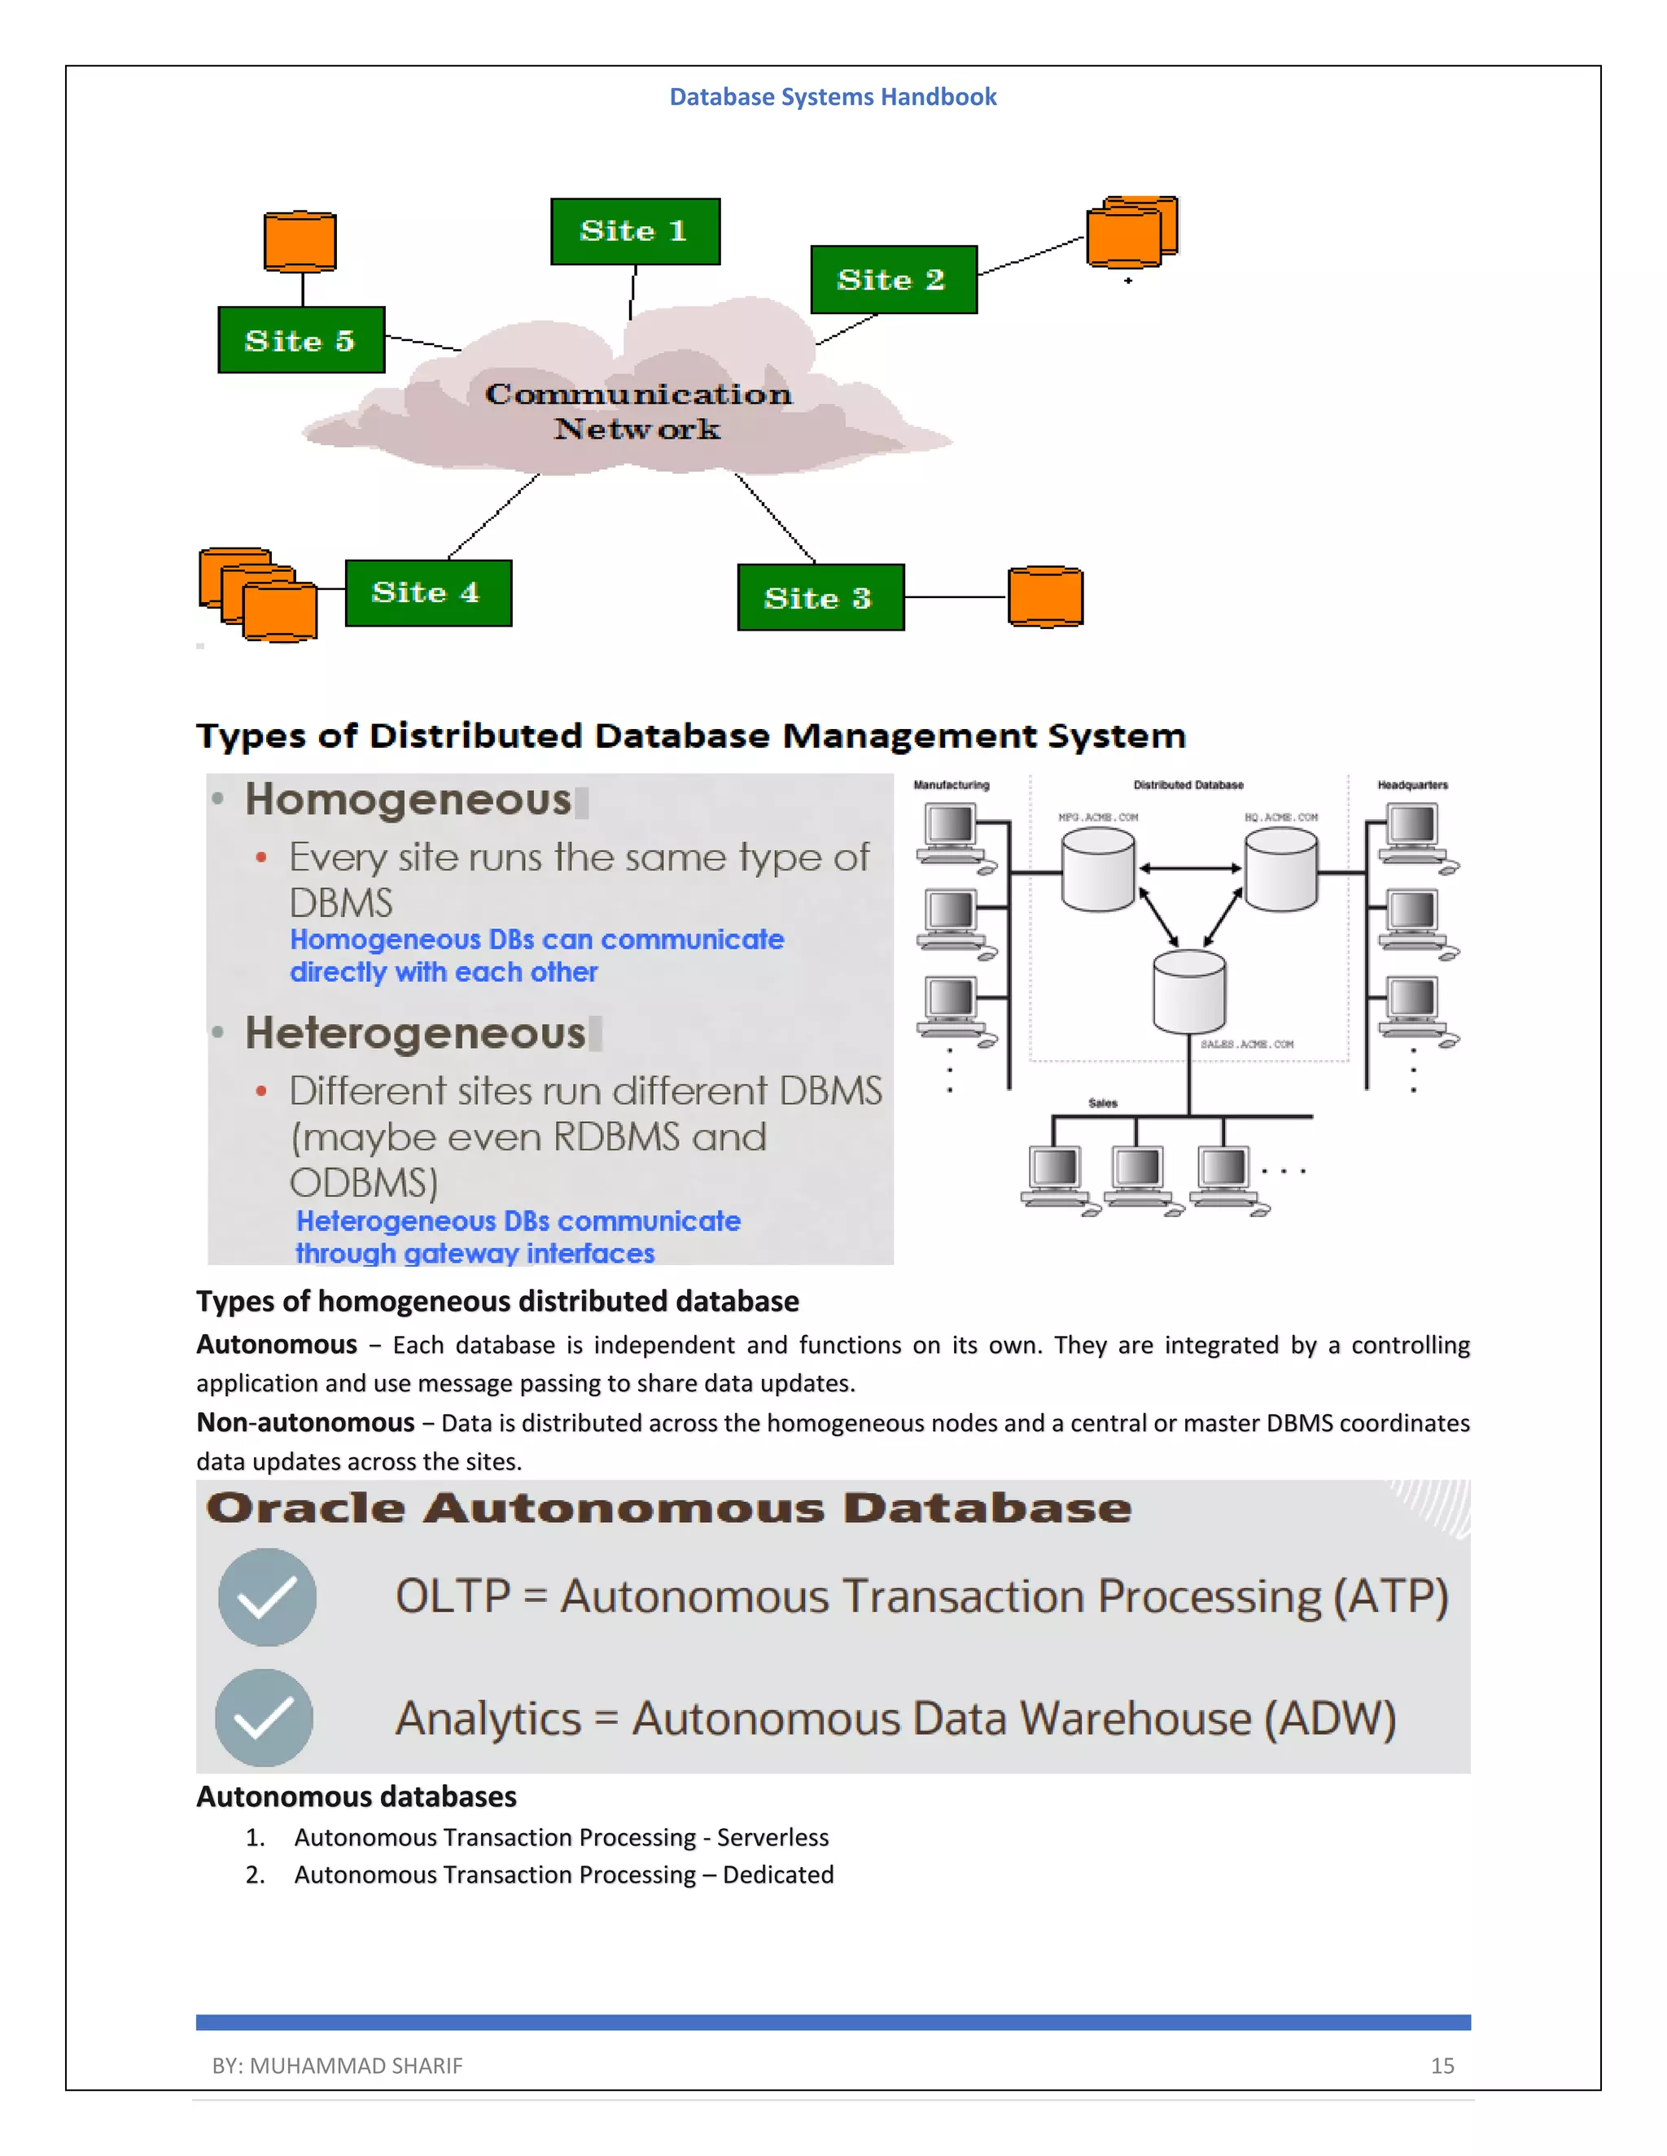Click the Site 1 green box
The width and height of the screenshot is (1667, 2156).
point(635,231)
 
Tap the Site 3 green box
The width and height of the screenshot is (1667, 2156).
point(820,597)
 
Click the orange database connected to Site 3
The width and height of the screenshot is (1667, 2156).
point(1045,596)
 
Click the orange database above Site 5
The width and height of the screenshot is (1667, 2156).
point(300,241)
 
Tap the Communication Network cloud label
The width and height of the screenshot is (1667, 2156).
point(638,411)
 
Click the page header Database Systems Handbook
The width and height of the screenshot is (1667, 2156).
point(833,97)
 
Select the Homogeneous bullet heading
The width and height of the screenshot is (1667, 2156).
point(408,800)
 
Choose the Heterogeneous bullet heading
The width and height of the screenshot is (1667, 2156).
point(415,1033)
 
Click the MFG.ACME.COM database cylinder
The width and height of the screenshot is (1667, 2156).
point(1097,869)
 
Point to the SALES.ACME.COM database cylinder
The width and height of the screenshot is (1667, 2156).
point(1189,991)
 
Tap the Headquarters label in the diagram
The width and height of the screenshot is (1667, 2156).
point(1412,785)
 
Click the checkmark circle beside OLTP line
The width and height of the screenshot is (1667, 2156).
point(267,1596)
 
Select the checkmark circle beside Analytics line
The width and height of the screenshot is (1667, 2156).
point(265,1717)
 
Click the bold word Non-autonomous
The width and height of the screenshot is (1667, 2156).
point(305,1422)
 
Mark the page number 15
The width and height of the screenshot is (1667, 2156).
point(1442,2065)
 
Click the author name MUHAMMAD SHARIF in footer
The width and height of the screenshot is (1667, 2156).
point(356,2065)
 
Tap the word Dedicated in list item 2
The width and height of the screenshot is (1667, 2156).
point(778,1874)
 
